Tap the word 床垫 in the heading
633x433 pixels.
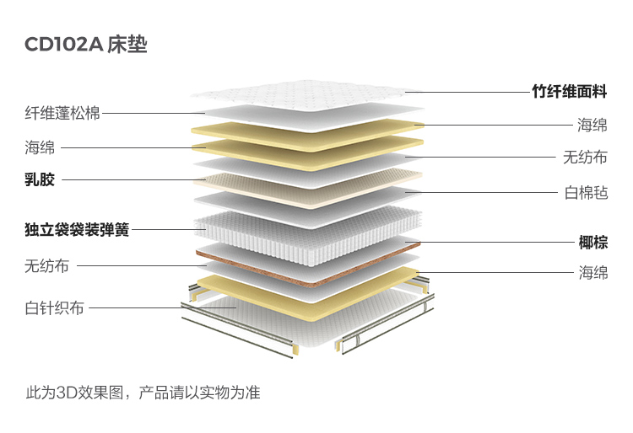tap(127, 45)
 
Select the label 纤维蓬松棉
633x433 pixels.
tap(62, 112)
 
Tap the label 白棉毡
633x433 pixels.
tap(586, 192)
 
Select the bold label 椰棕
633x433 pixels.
tap(592, 243)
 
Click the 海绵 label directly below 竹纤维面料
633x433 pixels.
tap(592, 126)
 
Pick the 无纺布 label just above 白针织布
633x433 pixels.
tap(47, 266)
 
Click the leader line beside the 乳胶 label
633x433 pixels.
tap(127, 179)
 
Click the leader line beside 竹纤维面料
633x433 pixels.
tap(464, 92)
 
